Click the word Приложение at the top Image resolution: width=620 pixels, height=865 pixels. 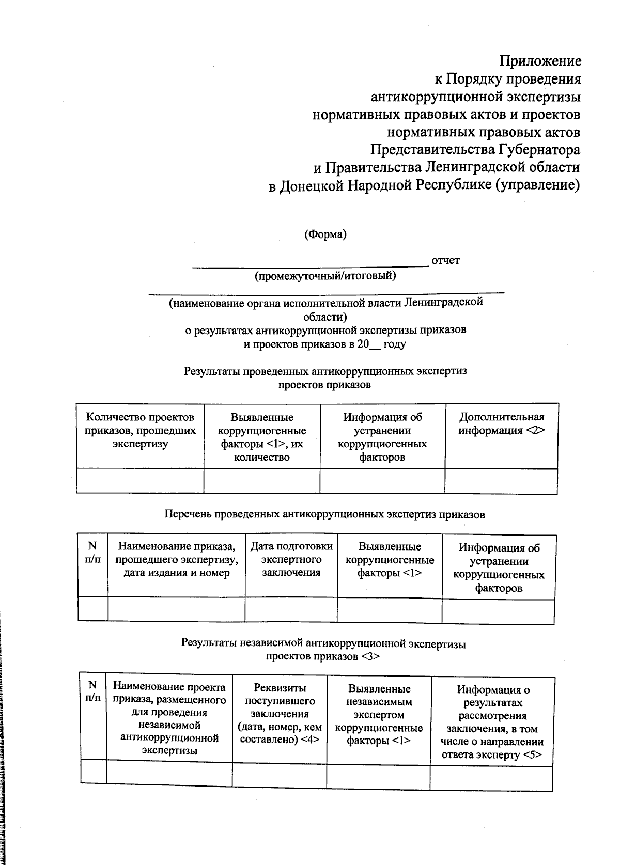click(x=539, y=61)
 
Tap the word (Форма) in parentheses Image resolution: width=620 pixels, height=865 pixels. click(x=325, y=234)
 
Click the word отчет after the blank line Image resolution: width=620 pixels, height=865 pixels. click(x=445, y=260)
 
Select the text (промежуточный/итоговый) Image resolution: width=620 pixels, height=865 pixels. click(x=325, y=276)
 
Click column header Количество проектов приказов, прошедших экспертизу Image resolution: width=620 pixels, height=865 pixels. click(x=140, y=430)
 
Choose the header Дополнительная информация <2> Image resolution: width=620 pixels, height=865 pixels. click(x=501, y=423)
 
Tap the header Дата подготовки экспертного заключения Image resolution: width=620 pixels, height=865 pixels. click(x=291, y=559)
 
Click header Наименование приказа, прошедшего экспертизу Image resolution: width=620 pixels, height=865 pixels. click(x=176, y=559)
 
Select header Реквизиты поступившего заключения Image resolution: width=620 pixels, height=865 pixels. click(x=280, y=714)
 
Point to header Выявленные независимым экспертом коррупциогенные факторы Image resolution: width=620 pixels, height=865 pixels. click(x=379, y=715)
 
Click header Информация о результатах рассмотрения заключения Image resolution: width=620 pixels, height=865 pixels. click(x=492, y=722)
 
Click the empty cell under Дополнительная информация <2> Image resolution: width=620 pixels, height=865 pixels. click(x=501, y=481)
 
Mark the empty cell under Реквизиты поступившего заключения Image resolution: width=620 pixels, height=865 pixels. click(x=280, y=775)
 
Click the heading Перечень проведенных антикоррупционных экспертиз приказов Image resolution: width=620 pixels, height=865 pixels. click(x=324, y=514)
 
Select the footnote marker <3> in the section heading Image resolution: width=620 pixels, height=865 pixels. click(x=370, y=657)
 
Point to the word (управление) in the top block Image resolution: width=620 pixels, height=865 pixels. click(x=537, y=185)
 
